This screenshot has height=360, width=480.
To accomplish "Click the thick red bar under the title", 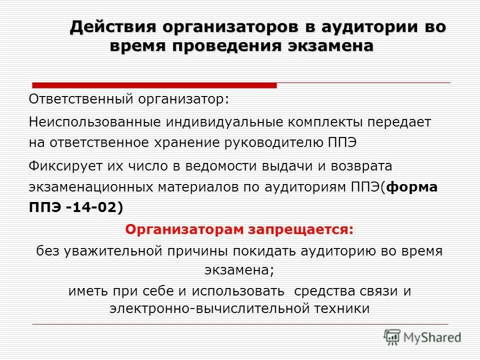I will [154, 85].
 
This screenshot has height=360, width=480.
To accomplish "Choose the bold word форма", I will [412, 187].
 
